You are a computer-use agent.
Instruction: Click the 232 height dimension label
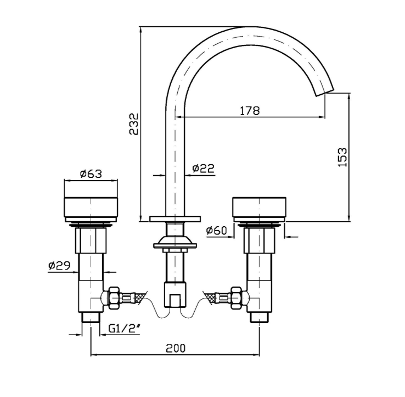(134, 124)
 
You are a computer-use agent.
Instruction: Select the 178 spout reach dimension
(250, 111)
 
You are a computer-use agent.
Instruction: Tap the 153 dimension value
(342, 157)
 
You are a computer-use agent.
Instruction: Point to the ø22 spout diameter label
(204, 168)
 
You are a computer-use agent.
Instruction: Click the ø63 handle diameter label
(91, 174)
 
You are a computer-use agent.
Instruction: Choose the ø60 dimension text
(217, 230)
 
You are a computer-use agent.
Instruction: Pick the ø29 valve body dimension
(59, 265)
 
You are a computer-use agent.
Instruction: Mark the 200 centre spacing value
(176, 348)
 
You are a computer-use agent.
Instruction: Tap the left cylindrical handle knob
(91, 206)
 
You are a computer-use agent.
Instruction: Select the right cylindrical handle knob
(259, 207)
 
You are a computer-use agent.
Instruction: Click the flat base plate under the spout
(175, 219)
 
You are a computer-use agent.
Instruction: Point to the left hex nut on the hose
(114, 298)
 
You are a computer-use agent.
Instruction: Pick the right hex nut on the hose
(237, 298)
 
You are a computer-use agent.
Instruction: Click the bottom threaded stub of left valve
(91, 317)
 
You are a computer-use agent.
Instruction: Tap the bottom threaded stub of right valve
(259, 317)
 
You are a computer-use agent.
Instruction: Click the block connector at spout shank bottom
(175, 294)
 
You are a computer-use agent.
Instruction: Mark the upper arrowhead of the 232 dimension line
(140, 29)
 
